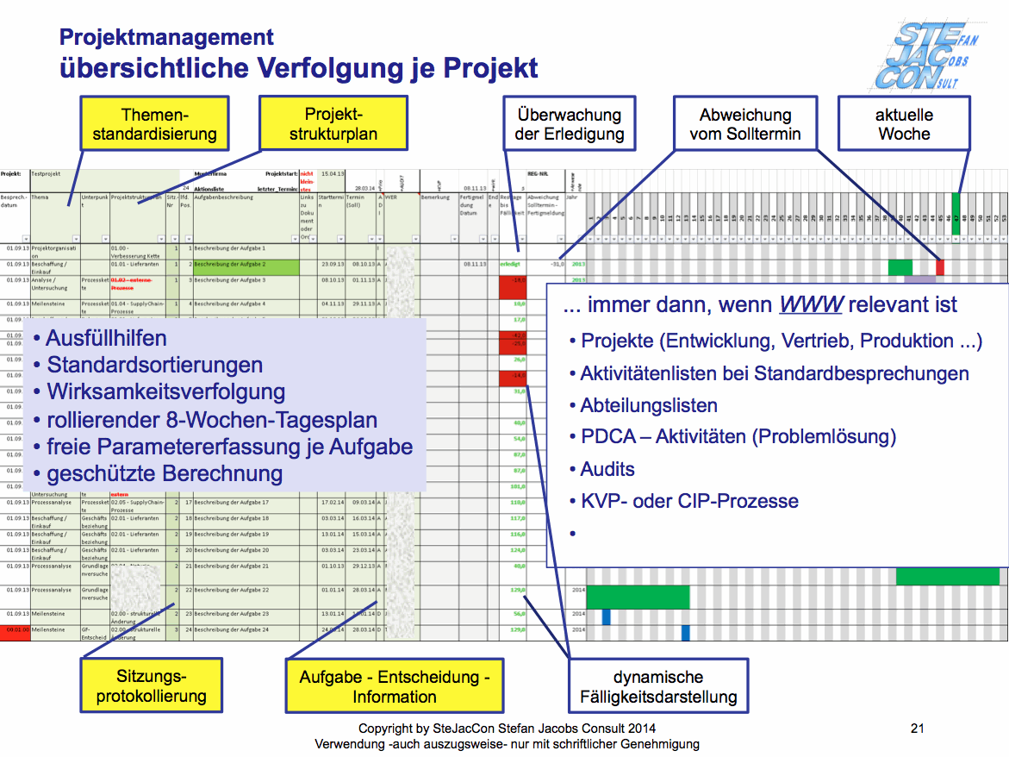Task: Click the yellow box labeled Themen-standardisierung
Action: pos(155,124)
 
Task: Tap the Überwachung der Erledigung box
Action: pos(569,124)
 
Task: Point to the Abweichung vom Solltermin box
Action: pos(744,124)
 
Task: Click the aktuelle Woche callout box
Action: pos(904,124)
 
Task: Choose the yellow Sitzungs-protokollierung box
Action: pos(151,686)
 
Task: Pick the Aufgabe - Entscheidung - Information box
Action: pos(394,686)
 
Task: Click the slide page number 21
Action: pos(917,729)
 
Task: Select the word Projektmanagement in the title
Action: pos(166,37)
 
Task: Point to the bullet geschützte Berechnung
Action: pos(165,473)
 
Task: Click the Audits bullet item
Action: pos(607,469)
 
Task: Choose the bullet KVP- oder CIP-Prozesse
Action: pos(689,501)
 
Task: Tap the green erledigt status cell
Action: pos(513,265)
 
